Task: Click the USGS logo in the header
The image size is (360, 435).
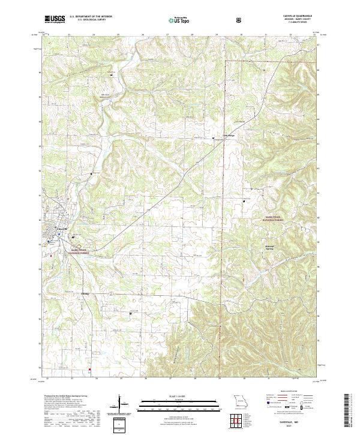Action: pyautogui.click(x=55, y=20)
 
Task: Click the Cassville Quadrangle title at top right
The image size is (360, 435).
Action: pyautogui.click(x=293, y=17)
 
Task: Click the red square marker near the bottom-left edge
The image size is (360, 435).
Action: pyautogui.click(x=89, y=369)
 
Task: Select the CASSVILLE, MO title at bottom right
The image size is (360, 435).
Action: pyautogui.click(x=292, y=422)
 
